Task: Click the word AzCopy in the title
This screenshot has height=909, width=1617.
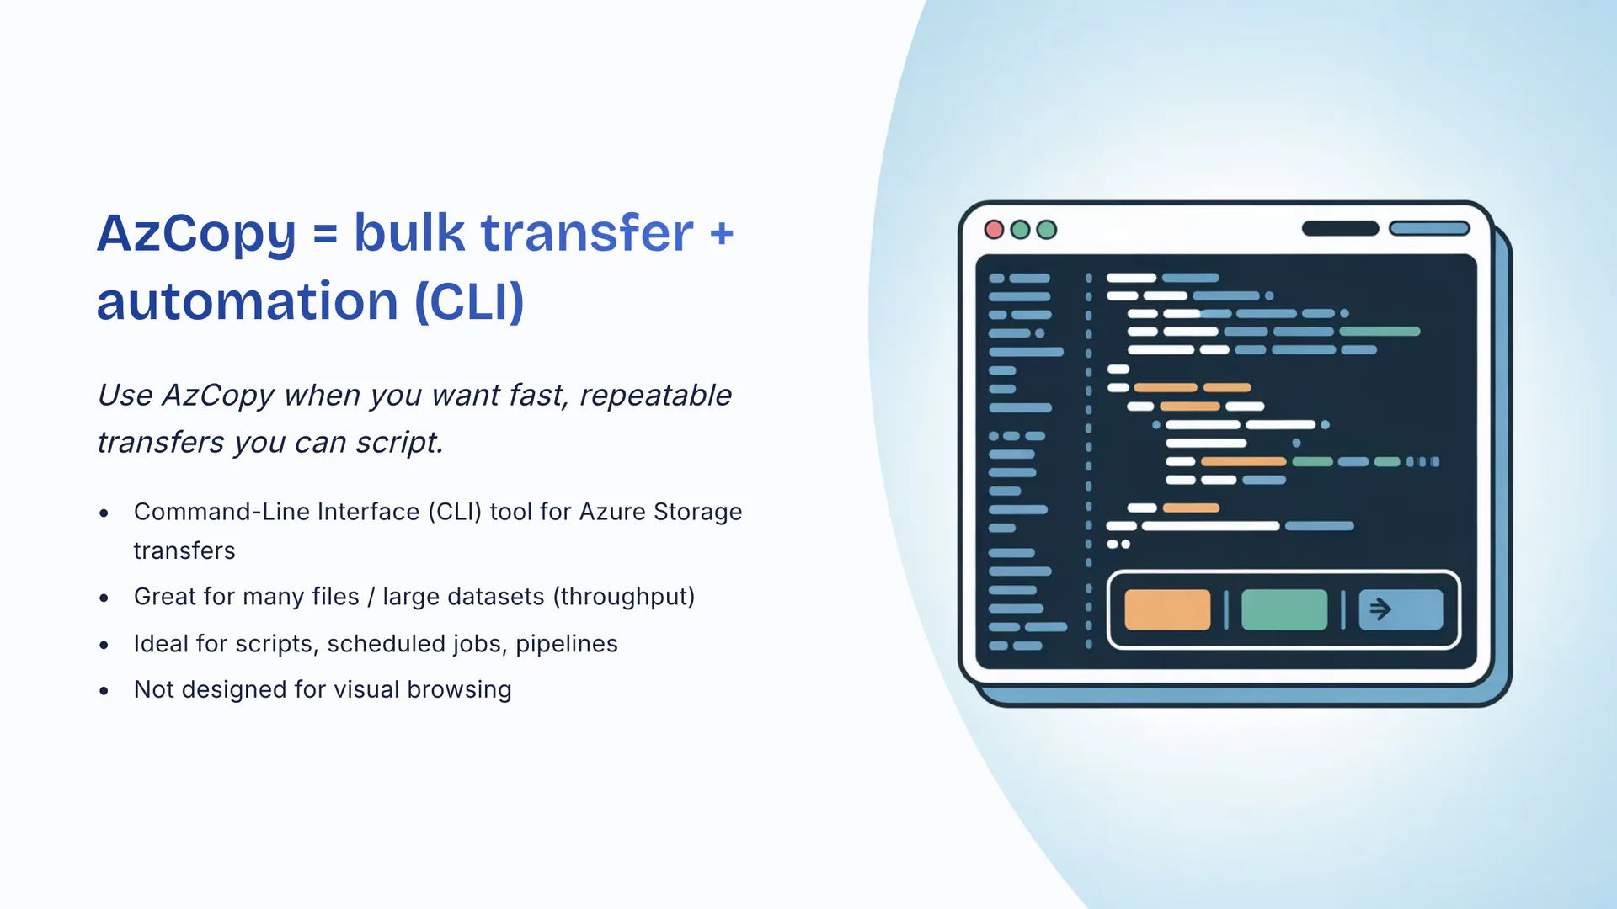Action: (x=196, y=233)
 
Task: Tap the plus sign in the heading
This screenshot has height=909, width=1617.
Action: (x=722, y=234)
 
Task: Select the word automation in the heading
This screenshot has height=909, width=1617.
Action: (x=247, y=301)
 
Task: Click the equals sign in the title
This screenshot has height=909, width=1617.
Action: (x=325, y=234)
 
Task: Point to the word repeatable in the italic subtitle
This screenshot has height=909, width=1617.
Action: (x=655, y=396)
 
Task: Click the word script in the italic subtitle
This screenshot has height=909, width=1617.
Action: (x=398, y=443)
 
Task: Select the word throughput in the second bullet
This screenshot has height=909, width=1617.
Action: (x=624, y=597)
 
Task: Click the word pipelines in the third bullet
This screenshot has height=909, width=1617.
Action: (x=567, y=644)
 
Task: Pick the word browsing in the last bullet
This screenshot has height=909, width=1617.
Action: (x=459, y=690)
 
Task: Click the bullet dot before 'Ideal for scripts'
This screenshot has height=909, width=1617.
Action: (x=104, y=646)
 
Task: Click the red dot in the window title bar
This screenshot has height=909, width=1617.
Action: (x=994, y=230)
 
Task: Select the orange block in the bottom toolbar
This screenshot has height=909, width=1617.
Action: (x=1167, y=610)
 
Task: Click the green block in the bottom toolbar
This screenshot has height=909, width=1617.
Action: (x=1284, y=610)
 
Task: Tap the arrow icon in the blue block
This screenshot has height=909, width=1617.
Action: (x=1380, y=609)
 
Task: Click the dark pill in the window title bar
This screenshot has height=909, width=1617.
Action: (x=1340, y=228)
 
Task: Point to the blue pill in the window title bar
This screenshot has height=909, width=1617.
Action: (x=1429, y=228)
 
